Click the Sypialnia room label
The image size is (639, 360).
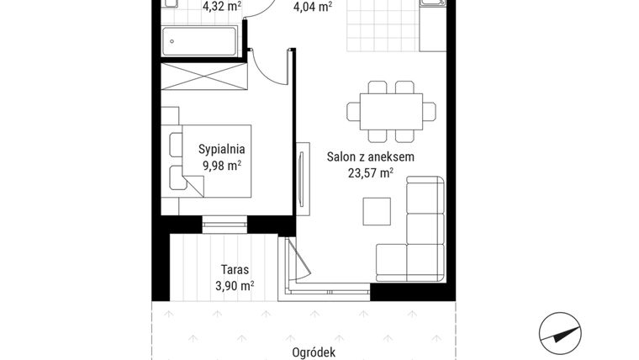pyautogui.click(x=221, y=149)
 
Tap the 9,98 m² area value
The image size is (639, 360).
pyautogui.click(x=221, y=165)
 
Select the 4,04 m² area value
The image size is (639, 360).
pyautogui.click(x=311, y=6)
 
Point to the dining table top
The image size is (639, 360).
pyautogui.click(x=392, y=110)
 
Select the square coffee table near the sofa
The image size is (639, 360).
pyautogui.click(x=376, y=209)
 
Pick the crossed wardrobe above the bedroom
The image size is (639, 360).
pyautogui.click(x=203, y=81)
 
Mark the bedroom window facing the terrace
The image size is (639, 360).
pyautogui.click(x=224, y=223)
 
